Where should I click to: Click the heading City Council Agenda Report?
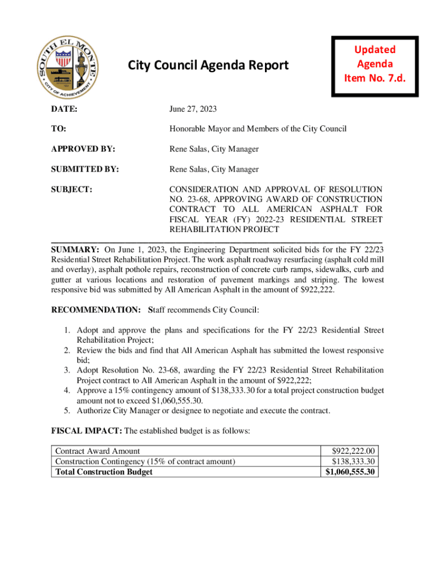coord(208,65)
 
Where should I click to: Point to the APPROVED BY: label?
coord(83,149)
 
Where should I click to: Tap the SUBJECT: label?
coord(72,190)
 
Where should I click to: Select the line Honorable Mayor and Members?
coord(258,129)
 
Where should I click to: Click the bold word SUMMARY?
coord(76,249)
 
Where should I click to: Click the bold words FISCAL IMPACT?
coord(86,431)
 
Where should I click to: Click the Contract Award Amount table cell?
coord(97,451)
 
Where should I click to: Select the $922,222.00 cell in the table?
coord(354,451)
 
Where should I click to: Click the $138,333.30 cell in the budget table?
coord(354,461)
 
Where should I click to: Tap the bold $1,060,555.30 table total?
coord(351,472)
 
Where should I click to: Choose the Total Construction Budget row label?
coord(103,472)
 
